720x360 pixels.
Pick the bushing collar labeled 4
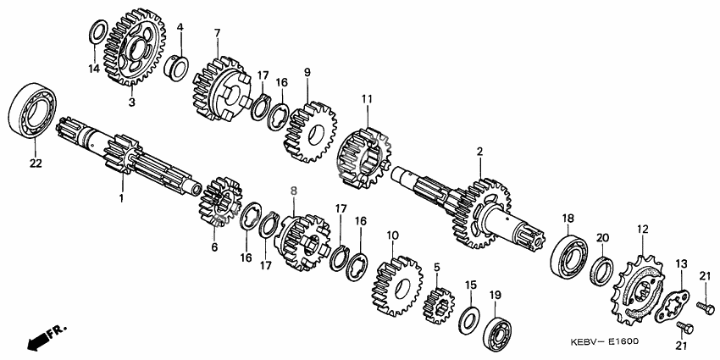tap(176, 67)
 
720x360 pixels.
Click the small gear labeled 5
tap(438, 305)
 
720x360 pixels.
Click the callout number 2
tap(479, 151)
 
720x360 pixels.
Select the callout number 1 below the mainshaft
tap(122, 198)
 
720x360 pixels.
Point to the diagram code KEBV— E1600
tap(604, 342)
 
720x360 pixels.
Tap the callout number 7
tap(217, 32)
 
